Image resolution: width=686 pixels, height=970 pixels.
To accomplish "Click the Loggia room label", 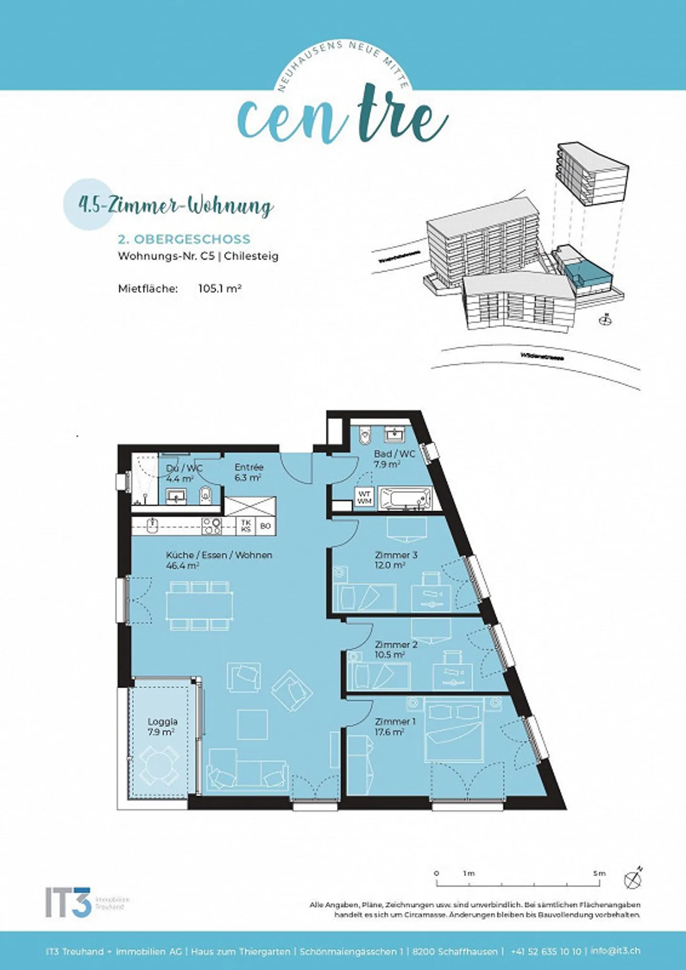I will (162, 722).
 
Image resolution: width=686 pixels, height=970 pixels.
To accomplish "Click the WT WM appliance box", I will (364, 498).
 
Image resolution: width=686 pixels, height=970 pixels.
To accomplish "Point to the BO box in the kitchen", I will (265, 526).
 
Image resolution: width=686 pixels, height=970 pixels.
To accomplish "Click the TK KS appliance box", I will (246, 526).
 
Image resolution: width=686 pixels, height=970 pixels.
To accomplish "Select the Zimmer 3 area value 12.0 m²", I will (390, 565).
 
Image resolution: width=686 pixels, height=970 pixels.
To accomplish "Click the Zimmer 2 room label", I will (396, 644).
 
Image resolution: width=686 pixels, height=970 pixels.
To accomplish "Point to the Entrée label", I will (249, 467).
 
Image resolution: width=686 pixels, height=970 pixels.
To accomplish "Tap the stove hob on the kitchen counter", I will (212, 526).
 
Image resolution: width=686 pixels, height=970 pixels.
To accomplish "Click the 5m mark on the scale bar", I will (599, 874).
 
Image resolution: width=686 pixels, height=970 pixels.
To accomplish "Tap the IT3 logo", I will (68, 902).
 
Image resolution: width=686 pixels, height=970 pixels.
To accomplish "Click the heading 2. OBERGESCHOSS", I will (184, 239).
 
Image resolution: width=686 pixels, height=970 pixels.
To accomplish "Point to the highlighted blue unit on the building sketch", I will (586, 276).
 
